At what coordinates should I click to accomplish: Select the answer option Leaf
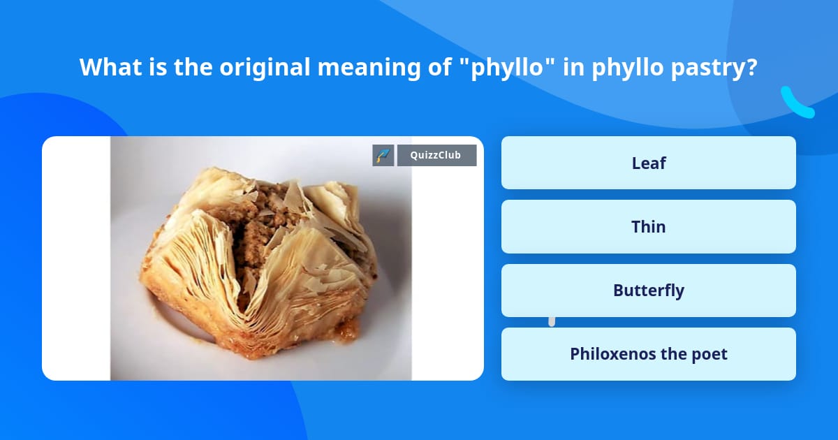point(648,163)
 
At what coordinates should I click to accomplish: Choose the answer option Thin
point(648,226)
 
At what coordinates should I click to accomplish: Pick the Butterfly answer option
point(648,291)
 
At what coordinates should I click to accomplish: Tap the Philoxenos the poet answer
point(648,354)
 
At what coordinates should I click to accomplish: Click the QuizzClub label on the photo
point(436,155)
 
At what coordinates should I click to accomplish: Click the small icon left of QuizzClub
point(383,155)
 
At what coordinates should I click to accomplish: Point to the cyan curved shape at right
point(797,103)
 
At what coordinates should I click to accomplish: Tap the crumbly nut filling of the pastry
point(269,223)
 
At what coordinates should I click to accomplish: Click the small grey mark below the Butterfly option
point(552,321)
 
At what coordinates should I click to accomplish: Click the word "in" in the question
point(574,67)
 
